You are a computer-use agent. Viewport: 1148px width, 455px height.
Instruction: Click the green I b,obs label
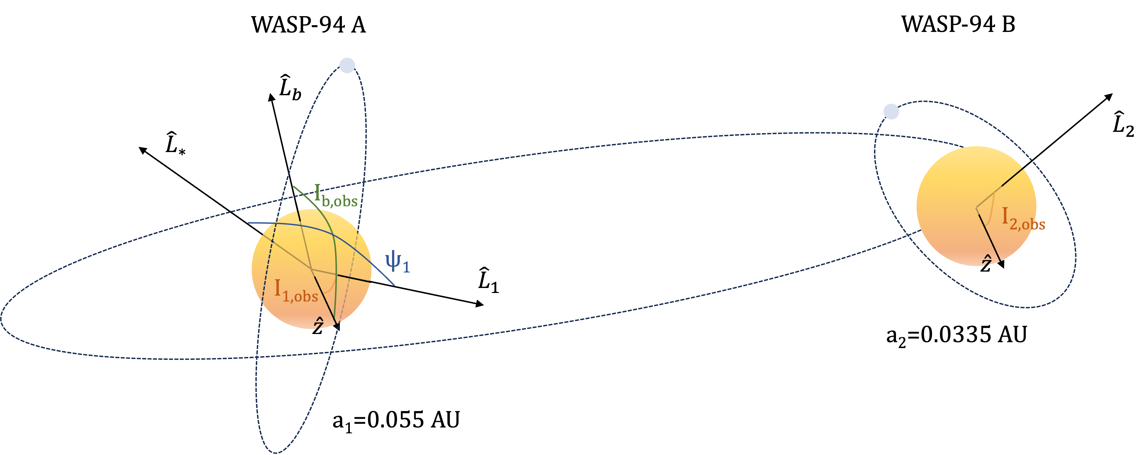pos(335,196)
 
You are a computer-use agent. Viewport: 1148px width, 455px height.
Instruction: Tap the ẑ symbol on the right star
pos(987,260)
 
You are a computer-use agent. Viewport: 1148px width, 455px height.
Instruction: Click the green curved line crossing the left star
pos(335,250)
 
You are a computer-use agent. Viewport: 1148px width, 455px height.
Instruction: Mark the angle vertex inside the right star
pos(976,208)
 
